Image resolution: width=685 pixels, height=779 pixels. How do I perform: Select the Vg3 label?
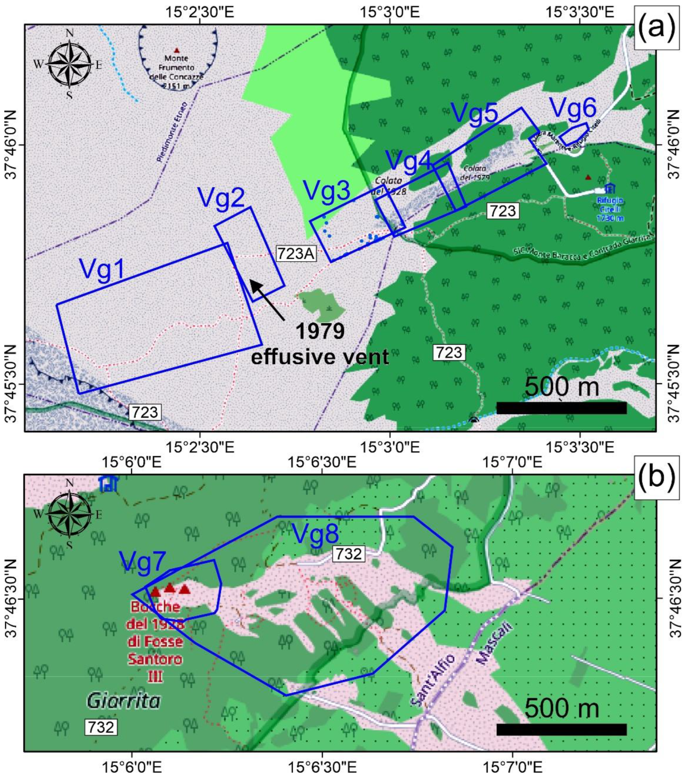click(327, 190)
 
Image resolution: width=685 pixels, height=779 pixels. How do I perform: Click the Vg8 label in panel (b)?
click(315, 533)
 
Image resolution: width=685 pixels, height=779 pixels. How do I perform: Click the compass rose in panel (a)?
click(69, 65)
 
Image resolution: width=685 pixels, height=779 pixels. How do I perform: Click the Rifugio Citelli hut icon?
click(610, 188)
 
